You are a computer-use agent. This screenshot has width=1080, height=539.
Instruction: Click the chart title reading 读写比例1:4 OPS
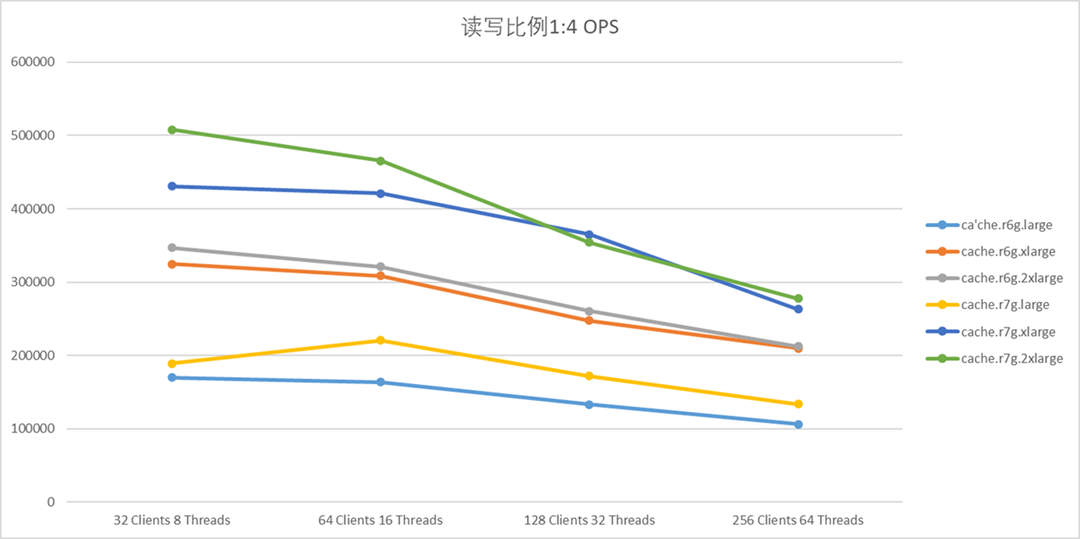pyautogui.click(x=540, y=27)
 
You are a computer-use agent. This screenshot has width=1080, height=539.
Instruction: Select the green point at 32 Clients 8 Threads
pyautogui.click(x=172, y=129)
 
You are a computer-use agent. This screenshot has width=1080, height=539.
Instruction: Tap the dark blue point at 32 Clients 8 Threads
pyautogui.click(x=172, y=186)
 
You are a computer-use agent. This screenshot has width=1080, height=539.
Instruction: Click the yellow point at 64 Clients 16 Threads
pyautogui.click(x=380, y=341)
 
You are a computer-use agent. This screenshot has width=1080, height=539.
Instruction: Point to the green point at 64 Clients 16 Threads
pyautogui.click(x=380, y=161)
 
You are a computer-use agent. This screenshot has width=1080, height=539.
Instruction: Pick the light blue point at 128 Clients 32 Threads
pyautogui.click(x=589, y=404)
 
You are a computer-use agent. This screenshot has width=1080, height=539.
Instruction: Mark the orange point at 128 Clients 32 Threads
pyautogui.click(x=589, y=321)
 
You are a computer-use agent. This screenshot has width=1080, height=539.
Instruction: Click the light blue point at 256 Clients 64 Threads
pyautogui.click(x=798, y=424)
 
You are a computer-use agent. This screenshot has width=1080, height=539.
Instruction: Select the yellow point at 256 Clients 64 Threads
pyautogui.click(x=798, y=404)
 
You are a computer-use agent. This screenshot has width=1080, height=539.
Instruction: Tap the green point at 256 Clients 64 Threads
pyautogui.click(x=798, y=299)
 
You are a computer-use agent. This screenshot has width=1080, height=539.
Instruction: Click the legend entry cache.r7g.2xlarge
pyautogui.click(x=1011, y=358)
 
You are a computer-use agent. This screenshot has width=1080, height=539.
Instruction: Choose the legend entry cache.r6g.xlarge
pyautogui.click(x=1008, y=251)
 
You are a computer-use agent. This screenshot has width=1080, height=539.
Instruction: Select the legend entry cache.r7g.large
pyautogui.click(x=1004, y=305)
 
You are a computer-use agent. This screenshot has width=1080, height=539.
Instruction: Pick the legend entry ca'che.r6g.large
pyautogui.click(x=1006, y=225)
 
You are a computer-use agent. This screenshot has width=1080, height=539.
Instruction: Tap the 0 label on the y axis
pyautogui.click(x=50, y=502)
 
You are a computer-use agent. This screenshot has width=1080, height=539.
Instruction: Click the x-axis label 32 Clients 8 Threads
pyautogui.click(x=172, y=520)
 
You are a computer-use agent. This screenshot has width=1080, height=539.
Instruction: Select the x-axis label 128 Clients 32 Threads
pyautogui.click(x=589, y=520)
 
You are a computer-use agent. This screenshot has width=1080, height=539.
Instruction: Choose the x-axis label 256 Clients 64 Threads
pyautogui.click(x=798, y=520)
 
